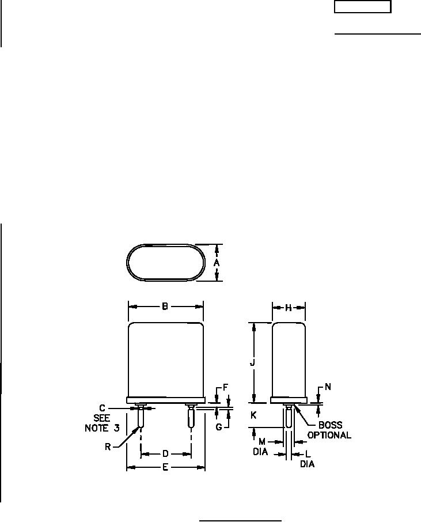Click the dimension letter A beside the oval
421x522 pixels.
point(217,263)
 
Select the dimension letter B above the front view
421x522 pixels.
point(165,307)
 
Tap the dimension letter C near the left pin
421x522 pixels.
point(102,408)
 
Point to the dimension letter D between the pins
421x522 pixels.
point(165,453)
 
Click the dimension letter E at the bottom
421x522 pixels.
point(165,467)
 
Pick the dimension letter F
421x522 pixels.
point(225,388)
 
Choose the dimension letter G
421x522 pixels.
point(219,427)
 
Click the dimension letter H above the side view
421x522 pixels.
point(289,308)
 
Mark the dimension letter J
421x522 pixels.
point(253,362)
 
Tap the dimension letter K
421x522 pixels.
point(253,415)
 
